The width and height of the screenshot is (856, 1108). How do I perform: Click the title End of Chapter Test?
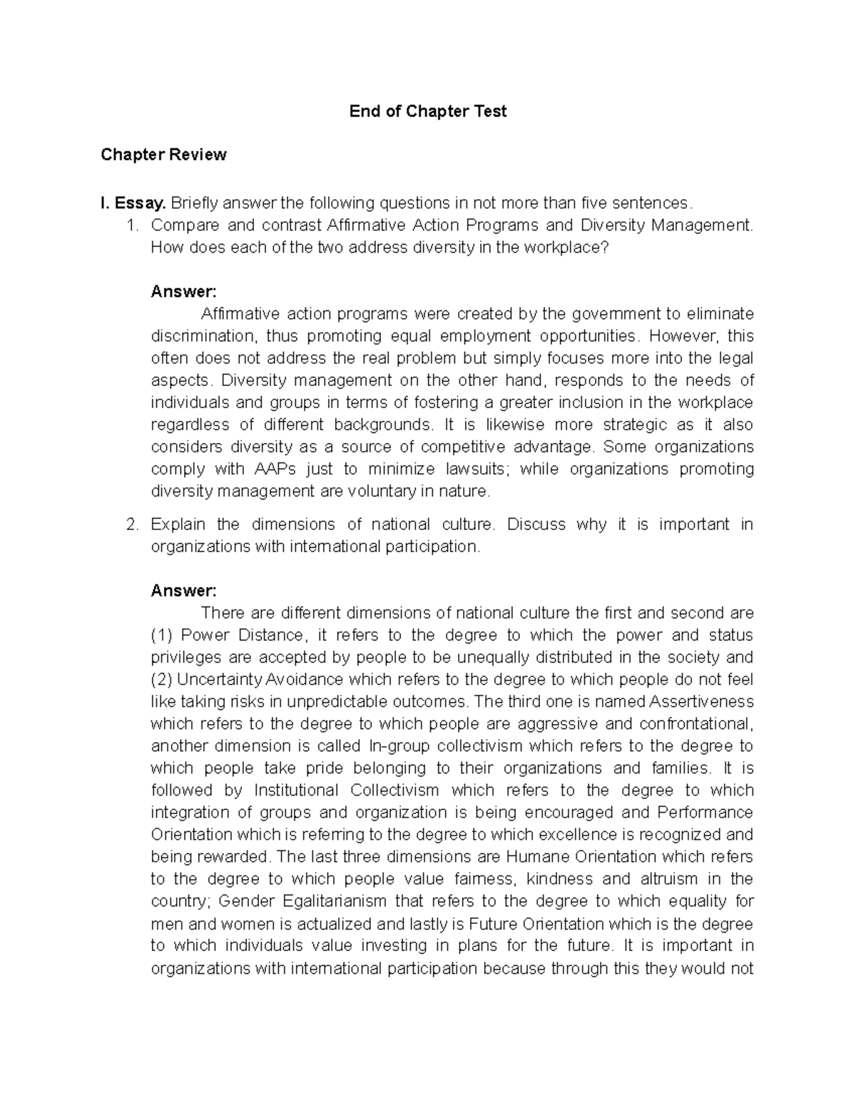pos(427,111)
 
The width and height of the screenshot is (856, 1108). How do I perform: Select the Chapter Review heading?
pos(163,155)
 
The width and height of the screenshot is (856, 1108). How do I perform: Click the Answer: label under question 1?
pos(183,292)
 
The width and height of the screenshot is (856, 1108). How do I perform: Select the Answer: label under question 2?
pos(183,591)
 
